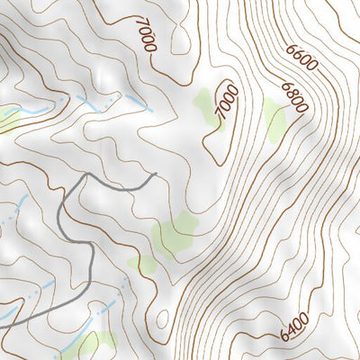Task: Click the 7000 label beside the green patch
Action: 227,101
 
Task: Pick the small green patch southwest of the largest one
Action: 137,264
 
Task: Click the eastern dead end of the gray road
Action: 156,175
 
